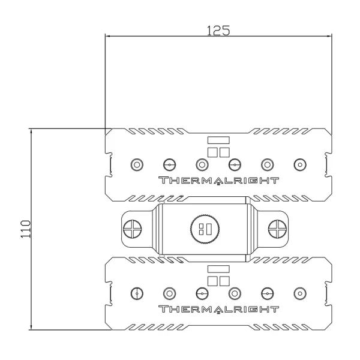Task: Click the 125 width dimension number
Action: click(218, 30)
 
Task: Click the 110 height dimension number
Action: click(25, 229)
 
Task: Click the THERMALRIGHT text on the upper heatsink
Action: click(218, 181)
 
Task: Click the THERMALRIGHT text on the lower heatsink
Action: click(218, 310)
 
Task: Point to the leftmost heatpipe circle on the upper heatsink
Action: click(137, 164)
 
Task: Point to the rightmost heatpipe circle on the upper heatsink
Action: click(298, 164)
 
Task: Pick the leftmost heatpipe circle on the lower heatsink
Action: click(137, 293)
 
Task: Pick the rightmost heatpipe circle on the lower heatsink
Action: click(298, 293)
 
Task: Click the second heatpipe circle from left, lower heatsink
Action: click(170, 293)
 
